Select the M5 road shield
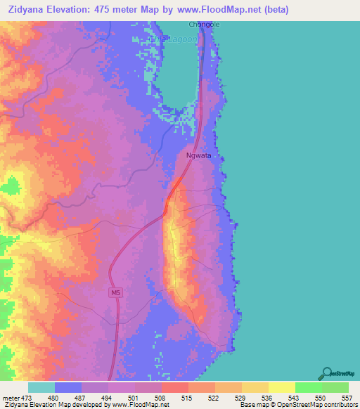point(115,292)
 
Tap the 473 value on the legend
point(27,397)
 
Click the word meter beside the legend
point(10,397)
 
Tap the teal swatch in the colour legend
point(41,387)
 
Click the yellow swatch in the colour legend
point(281,387)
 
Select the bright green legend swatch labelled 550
point(308,387)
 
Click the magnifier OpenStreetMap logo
point(326,374)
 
